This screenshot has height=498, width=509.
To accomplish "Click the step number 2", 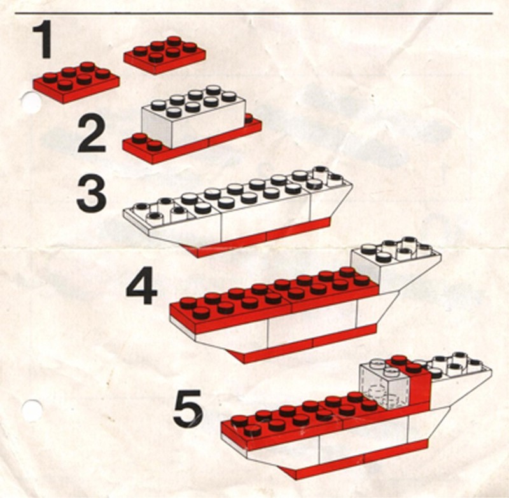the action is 92,135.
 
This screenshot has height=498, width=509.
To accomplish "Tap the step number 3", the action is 92,194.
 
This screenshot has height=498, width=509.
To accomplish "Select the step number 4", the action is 141,286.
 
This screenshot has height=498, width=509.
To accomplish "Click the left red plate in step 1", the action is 76,83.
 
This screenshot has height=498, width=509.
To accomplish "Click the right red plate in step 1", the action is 165,55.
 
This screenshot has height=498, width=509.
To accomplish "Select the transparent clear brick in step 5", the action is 384,384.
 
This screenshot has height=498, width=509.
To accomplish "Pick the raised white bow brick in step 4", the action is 396,265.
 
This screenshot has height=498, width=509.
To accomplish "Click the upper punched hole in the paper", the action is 31,102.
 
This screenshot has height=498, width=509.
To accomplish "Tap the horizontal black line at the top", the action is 254,13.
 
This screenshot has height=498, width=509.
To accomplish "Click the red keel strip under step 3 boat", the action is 256,238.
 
